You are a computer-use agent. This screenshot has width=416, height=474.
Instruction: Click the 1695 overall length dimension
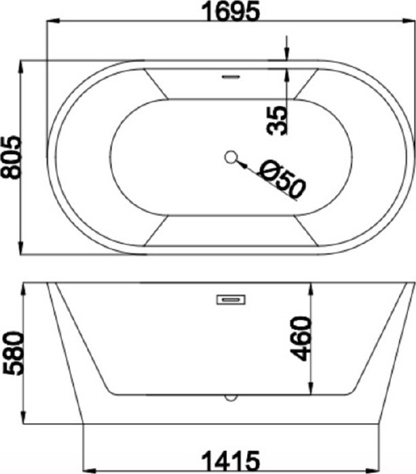point(230,11)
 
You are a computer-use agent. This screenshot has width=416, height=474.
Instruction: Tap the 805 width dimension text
point(11,158)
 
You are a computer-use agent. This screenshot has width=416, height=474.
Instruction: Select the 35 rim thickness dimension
point(277,120)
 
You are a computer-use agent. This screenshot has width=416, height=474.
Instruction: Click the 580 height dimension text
point(13,353)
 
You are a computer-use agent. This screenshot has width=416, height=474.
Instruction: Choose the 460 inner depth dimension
point(300,339)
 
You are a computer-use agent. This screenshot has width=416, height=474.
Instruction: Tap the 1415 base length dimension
point(230,460)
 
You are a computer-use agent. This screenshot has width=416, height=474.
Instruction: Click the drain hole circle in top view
point(231,157)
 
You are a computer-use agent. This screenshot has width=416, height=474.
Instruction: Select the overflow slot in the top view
point(231,77)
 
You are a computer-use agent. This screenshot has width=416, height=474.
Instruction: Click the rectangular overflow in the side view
point(231,299)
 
